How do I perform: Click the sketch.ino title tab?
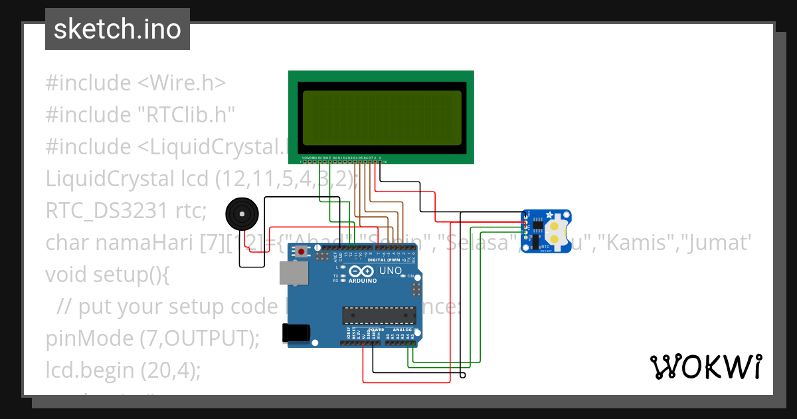[x=118, y=29]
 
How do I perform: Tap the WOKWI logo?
[x=705, y=366]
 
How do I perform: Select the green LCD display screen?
[x=381, y=118]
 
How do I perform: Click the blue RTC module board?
[x=546, y=231]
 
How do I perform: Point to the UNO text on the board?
[x=390, y=271]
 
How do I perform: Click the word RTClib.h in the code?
[x=186, y=115]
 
